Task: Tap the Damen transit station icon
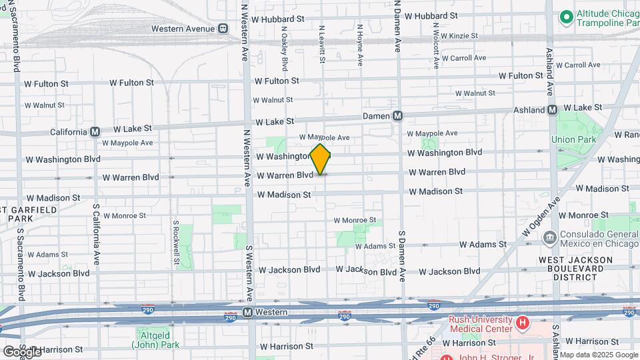pyautogui.click(x=397, y=115)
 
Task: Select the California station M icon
pyautogui.click(x=95, y=131)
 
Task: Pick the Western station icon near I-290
pyautogui.click(x=247, y=312)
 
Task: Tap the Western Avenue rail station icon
pyautogui.click(x=223, y=29)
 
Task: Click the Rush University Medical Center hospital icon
pyautogui.click(x=523, y=323)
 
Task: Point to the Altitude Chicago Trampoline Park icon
pyautogui.click(x=567, y=15)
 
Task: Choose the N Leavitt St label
pyautogui.click(x=322, y=44)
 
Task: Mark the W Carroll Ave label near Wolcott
pyautogui.click(x=459, y=58)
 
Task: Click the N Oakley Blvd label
pyautogui.click(x=285, y=48)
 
